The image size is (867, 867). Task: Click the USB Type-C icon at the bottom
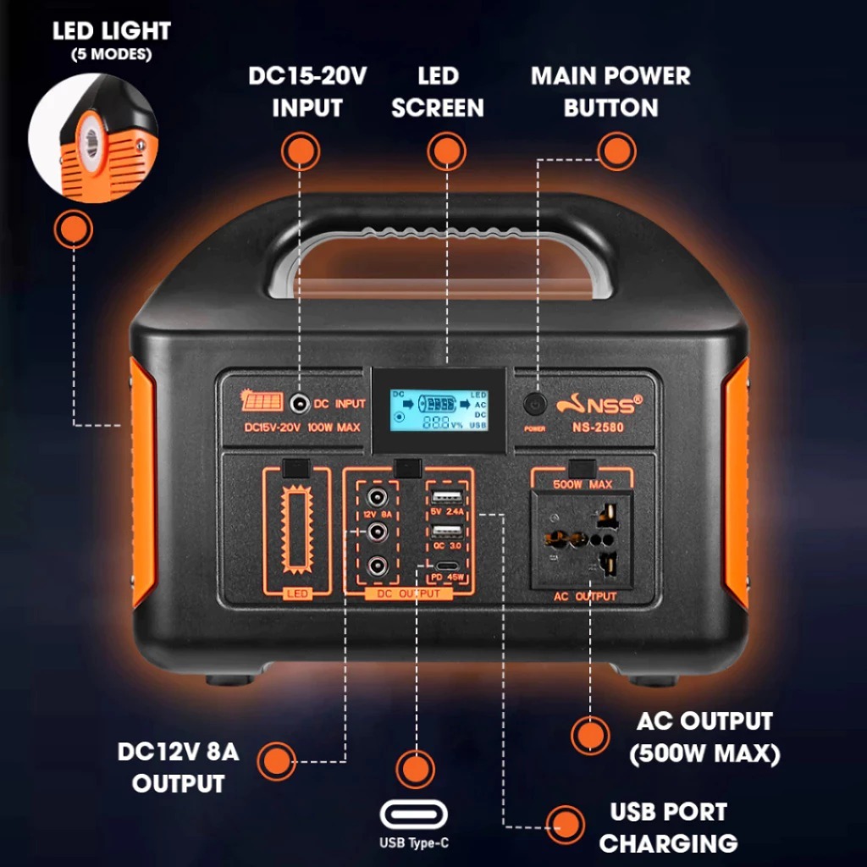(x=414, y=815)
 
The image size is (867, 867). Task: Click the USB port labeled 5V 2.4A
(x=446, y=496)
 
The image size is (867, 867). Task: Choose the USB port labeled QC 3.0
(x=446, y=531)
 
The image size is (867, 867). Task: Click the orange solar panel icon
(x=260, y=402)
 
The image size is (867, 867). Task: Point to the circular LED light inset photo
(x=92, y=137)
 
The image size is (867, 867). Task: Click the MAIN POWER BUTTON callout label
(x=610, y=91)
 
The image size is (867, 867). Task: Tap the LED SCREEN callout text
(x=438, y=91)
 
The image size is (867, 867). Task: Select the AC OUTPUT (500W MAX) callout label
(x=704, y=737)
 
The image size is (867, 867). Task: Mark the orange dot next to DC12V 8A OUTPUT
(x=277, y=761)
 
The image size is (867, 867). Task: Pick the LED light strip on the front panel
(x=296, y=530)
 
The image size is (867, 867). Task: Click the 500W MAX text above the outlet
(x=583, y=484)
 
